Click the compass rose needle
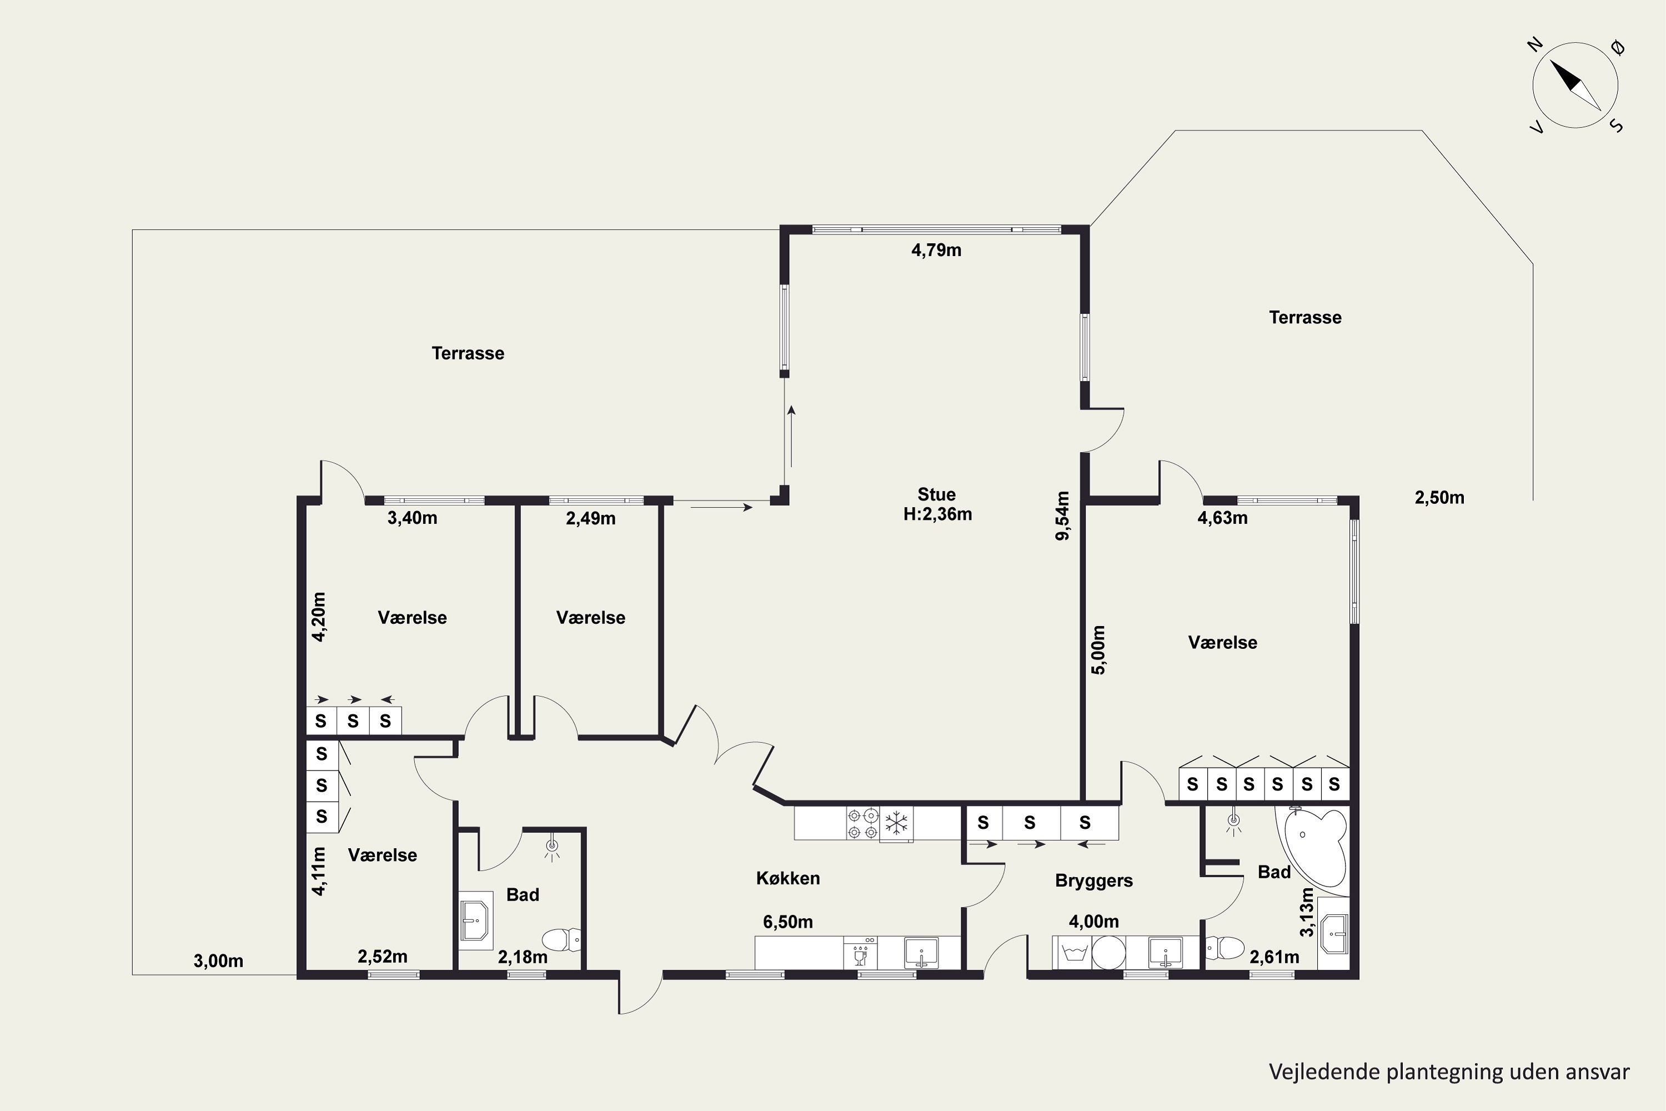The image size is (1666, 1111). pyautogui.click(x=1575, y=85)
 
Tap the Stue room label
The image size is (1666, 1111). pyautogui.click(x=936, y=494)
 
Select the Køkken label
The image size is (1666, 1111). pyautogui.click(x=787, y=879)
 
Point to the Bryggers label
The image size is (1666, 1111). pyautogui.click(x=1093, y=880)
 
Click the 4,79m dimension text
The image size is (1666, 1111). pyautogui.click(x=936, y=250)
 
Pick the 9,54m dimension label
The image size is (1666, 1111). pyautogui.click(x=1062, y=516)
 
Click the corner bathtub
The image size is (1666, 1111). pyautogui.click(x=1312, y=847)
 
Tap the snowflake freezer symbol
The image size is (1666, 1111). pyautogui.click(x=896, y=823)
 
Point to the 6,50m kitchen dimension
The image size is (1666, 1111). pyautogui.click(x=787, y=922)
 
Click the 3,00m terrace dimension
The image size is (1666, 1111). pyautogui.click(x=218, y=961)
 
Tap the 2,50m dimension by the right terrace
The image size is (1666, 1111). pyautogui.click(x=1439, y=497)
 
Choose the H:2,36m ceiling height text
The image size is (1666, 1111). pyautogui.click(x=937, y=514)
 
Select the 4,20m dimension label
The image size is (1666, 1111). pyautogui.click(x=319, y=617)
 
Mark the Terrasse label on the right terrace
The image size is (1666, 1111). pyautogui.click(x=1304, y=317)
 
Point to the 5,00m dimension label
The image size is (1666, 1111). pyautogui.click(x=1098, y=650)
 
